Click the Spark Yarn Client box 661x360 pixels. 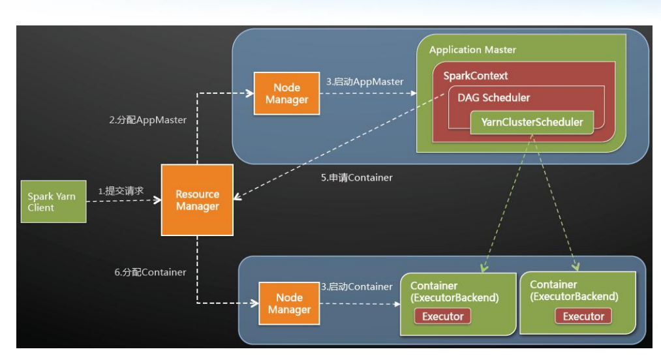pos(53,202)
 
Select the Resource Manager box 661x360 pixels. pos(197,200)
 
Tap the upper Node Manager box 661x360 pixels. pos(287,93)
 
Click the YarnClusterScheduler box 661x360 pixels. pos(532,122)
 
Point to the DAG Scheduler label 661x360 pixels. pos(493,98)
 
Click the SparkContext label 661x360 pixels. pos(476,76)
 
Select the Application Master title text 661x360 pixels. pos(472,50)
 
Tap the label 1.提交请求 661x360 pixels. pos(121,191)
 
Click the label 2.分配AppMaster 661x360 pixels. pos(147,120)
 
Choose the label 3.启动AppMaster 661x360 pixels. pos(365,82)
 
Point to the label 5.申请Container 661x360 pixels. pos(356,177)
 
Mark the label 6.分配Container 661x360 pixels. pos(149,272)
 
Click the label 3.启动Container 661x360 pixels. pos(357,286)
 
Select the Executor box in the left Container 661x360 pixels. pos(442,316)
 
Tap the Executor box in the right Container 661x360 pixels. pos(583,316)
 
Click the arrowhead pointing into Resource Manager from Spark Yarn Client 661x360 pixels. pos(157,202)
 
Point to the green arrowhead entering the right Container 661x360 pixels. pos(577,266)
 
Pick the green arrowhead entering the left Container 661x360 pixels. pos(483,268)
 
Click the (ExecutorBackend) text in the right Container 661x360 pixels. pos(574,297)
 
